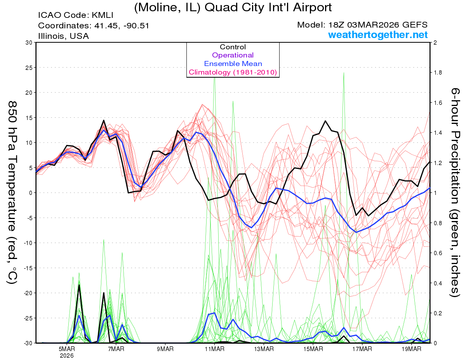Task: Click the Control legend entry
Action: click(233, 47)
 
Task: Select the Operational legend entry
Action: click(233, 56)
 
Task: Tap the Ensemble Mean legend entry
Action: click(233, 64)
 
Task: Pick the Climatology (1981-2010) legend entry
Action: click(233, 72)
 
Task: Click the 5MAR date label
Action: click(67, 349)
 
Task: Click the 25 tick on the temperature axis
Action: click(28, 68)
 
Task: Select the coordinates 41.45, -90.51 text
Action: click(94, 26)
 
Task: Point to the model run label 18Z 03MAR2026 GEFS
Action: click(362, 25)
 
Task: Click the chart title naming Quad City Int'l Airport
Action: click(233, 7)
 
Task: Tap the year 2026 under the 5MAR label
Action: click(67, 355)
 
